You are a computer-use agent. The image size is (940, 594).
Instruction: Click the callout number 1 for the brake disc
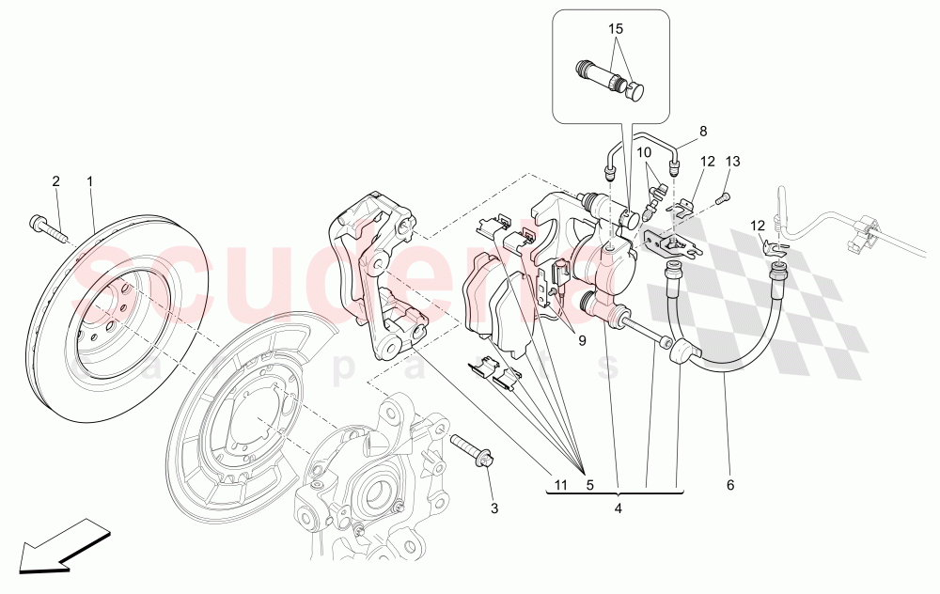coord(90,180)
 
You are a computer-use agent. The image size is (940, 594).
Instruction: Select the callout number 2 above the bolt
coord(55,180)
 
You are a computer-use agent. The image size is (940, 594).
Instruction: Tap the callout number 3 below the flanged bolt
coord(493,508)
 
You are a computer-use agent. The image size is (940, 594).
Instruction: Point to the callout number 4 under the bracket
coord(618,508)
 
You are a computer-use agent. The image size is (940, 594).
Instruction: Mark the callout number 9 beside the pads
coord(582,341)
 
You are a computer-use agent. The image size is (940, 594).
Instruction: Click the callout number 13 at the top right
coord(732,162)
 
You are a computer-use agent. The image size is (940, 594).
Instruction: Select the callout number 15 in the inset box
coord(616,29)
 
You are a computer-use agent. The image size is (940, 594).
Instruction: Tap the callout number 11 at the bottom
coord(560,485)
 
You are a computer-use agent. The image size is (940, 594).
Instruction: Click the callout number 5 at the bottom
coord(589,485)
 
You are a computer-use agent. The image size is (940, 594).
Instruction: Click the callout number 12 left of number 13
coord(707,162)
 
